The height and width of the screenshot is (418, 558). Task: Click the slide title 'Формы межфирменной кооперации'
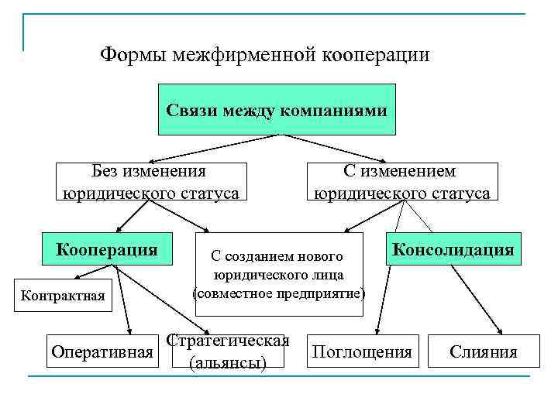tap(265, 55)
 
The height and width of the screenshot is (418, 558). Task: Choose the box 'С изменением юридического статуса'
tap(400, 182)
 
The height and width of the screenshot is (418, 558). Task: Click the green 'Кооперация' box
tap(107, 250)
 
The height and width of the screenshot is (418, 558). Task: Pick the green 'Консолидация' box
tap(453, 250)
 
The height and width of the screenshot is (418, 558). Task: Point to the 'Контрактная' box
tap(63, 295)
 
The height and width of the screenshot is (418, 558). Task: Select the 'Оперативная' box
tap(102, 353)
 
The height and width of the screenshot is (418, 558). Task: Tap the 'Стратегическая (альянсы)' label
tap(228, 352)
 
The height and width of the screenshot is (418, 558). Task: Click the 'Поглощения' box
tap(361, 353)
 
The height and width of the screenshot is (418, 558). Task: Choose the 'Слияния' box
tap(484, 353)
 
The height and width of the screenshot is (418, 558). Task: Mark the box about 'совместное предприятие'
tap(278, 275)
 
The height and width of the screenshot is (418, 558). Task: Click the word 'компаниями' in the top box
tap(342, 111)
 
